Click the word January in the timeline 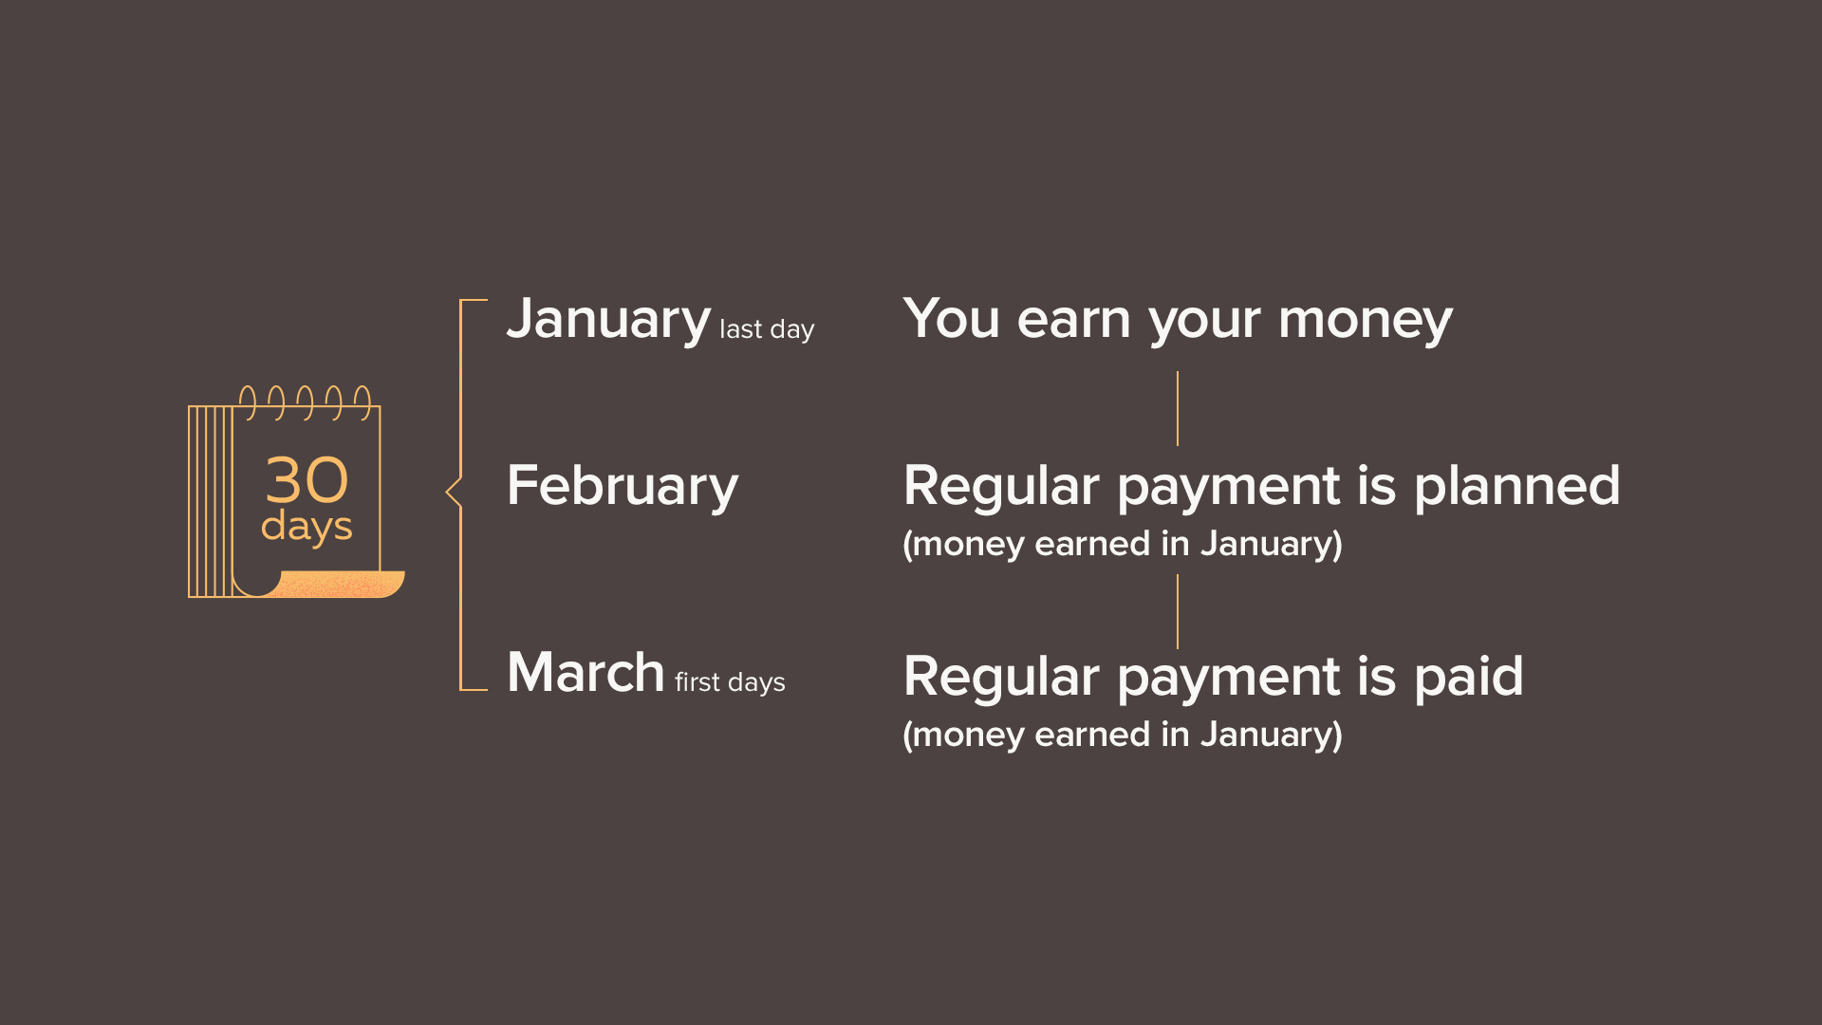tap(608, 321)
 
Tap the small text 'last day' tap(767, 329)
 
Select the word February tap(623, 488)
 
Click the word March tap(586, 672)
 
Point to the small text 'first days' tap(730, 681)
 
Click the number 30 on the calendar tap(307, 479)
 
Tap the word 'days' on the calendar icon tap(307, 527)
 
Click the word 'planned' tap(1516, 488)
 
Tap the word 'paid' tap(1468, 677)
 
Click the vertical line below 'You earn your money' tap(1178, 408)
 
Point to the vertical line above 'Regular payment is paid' tap(1178, 611)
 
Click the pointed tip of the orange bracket tap(446, 492)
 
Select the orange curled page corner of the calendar tap(332, 585)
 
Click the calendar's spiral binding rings tap(305, 402)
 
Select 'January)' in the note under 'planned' tap(1271, 544)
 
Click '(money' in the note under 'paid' tap(963, 736)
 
